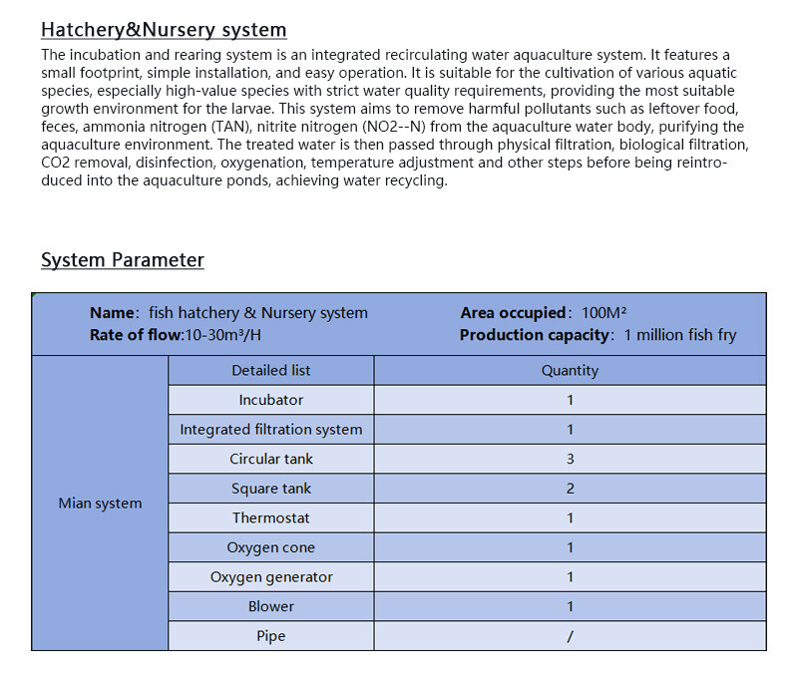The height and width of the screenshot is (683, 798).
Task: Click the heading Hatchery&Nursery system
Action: [x=164, y=30]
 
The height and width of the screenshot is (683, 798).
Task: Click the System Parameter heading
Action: [x=122, y=260]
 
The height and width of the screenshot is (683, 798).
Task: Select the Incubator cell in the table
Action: [x=270, y=400]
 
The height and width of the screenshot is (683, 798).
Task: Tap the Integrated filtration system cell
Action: [x=270, y=430]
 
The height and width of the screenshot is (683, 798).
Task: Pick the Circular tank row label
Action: [x=270, y=459]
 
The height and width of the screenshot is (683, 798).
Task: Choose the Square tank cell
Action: [x=270, y=489]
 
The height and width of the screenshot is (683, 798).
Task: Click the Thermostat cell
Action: [x=270, y=517]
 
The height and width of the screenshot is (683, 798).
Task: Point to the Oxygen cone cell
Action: [x=270, y=547]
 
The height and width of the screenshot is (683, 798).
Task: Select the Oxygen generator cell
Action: [x=270, y=577]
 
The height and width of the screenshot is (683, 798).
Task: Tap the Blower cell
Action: [x=270, y=606]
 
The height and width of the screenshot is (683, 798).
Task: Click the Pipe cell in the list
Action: [x=270, y=636]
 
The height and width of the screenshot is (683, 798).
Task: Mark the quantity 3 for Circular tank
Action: [x=570, y=459]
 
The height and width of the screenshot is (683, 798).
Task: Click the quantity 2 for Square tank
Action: [x=570, y=489]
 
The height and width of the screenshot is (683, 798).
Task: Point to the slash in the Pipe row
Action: [x=570, y=636]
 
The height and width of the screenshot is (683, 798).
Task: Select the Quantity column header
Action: [x=570, y=370]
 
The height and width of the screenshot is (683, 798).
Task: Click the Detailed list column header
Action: [x=270, y=370]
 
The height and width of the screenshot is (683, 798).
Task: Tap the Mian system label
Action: [x=100, y=504]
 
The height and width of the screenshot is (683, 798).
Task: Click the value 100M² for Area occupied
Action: [x=603, y=313]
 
